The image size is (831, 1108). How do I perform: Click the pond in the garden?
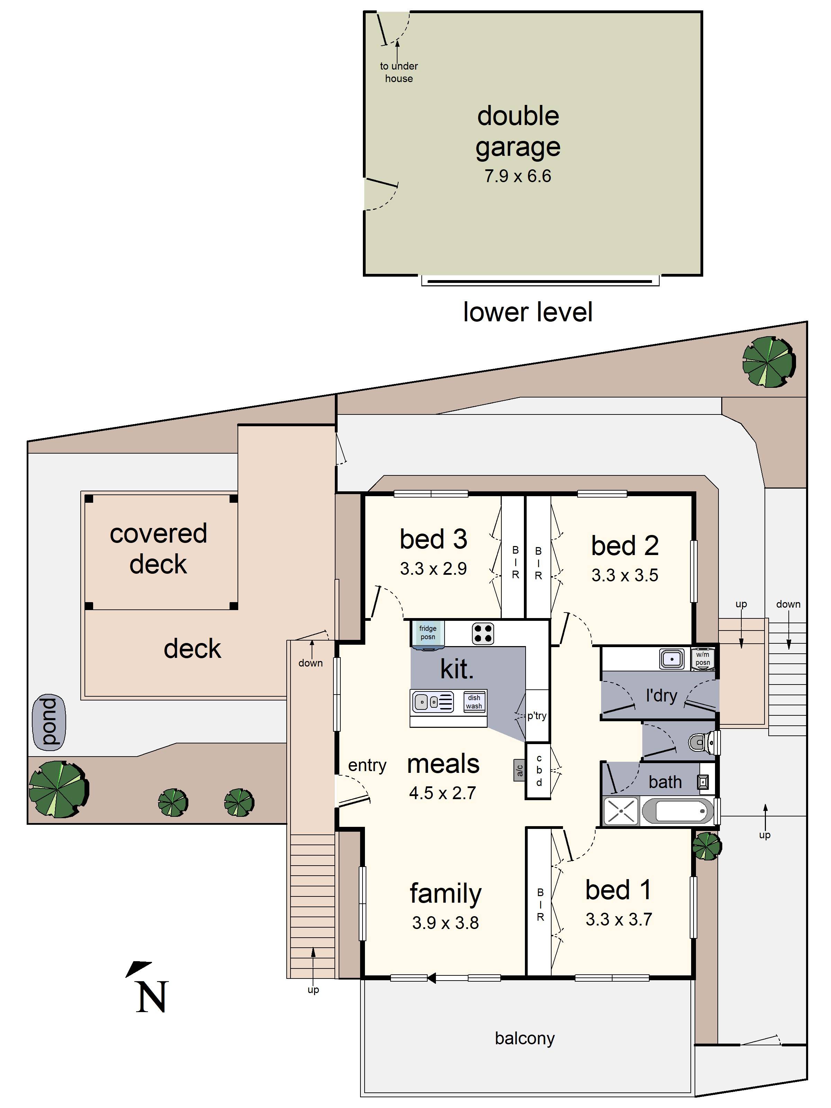pyautogui.click(x=48, y=722)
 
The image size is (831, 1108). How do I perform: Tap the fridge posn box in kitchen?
pyautogui.click(x=427, y=633)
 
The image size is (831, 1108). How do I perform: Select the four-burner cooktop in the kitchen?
pyautogui.click(x=482, y=633)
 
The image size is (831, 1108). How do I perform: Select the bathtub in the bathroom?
pyautogui.click(x=677, y=811)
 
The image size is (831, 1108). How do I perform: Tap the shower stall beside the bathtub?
pyautogui.click(x=621, y=811)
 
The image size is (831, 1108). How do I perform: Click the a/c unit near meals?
pyautogui.click(x=519, y=769)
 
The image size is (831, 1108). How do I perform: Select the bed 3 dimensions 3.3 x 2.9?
pyautogui.click(x=433, y=569)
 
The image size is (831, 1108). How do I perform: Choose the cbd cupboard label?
pyautogui.click(x=539, y=770)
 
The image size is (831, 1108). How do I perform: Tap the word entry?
pyautogui.click(x=367, y=765)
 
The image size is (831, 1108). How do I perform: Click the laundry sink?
pyautogui.click(x=672, y=659)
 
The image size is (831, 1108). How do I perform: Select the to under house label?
pyautogui.click(x=399, y=72)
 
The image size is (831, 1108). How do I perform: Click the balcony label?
pyautogui.click(x=525, y=1039)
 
